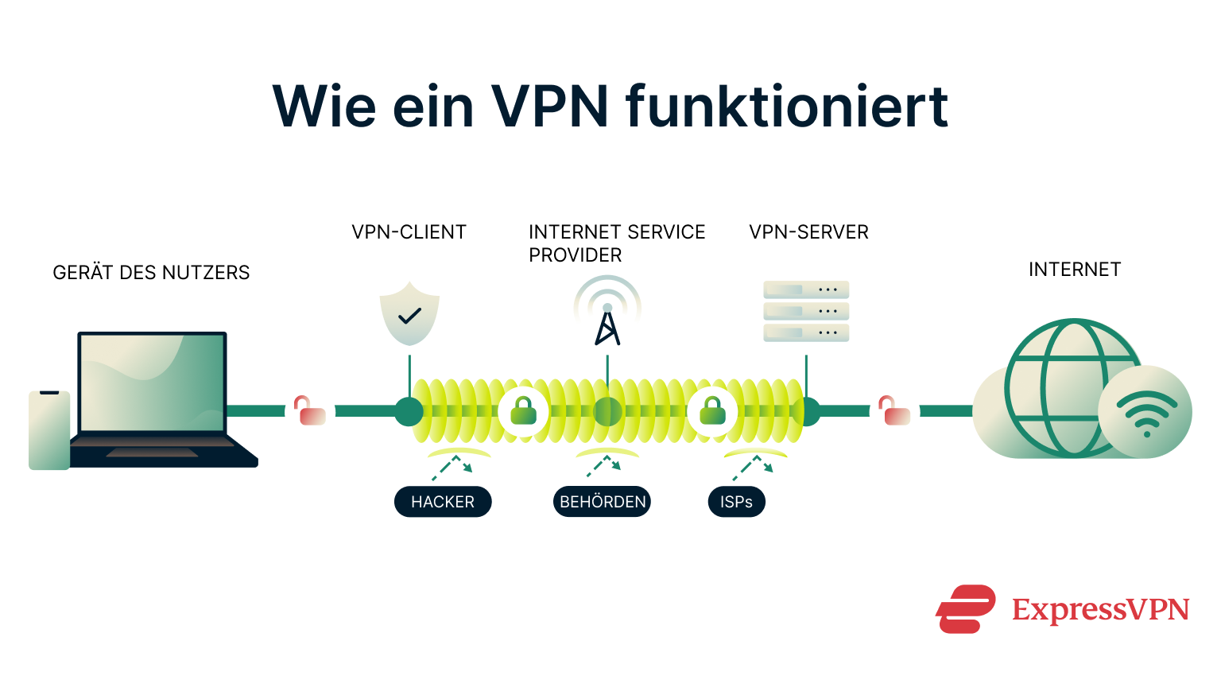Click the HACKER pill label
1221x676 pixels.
coord(443,502)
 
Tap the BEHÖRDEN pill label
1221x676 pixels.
coord(602,502)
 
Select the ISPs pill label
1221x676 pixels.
coord(736,502)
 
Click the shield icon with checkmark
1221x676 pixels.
coord(409,314)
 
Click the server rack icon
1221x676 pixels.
coord(806,311)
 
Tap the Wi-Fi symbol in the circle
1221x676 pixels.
coord(1145,413)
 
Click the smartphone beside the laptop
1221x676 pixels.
coord(49,429)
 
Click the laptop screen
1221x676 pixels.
coord(152,382)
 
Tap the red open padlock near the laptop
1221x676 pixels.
coord(310,411)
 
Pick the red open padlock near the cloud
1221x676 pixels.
coord(894,411)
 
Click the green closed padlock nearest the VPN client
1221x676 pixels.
coord(523,411)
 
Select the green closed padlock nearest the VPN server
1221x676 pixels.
coord(712,411)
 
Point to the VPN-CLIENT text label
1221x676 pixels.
coord(409,232)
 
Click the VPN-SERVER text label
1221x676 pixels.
coord(808,232)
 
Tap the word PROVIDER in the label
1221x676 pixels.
coord(576,255)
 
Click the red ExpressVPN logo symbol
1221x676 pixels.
coord(965,609)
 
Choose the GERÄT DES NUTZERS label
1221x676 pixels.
coord(151,273)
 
